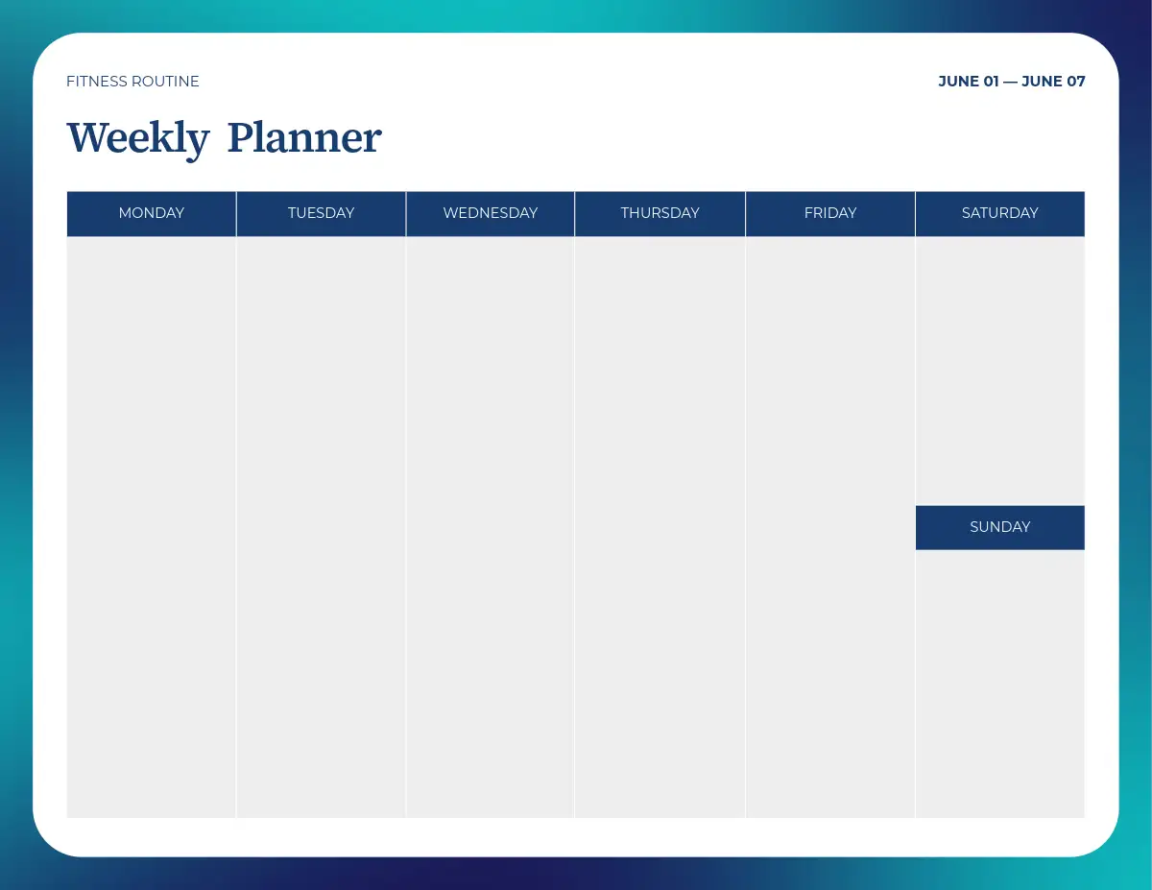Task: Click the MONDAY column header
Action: tap(151, 214)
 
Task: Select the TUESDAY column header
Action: tap(321, 214)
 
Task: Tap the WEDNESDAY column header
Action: tap(491, 214)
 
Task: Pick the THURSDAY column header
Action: tap(660, 214)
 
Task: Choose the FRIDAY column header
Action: tap(830, 214)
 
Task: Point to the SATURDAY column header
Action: tap(1000, 214)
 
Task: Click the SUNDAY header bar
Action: tap(1000, 527)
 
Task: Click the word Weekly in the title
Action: tap(138, 138)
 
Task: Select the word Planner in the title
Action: tap(304, 137)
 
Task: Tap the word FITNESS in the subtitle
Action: tap(97, 81)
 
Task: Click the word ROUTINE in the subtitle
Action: tap(165, 81)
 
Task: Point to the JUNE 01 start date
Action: tap(969, 81)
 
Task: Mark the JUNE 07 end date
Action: tap(1053, 81)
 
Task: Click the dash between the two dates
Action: tap(1011, 82)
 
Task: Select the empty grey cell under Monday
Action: tap(151, 527)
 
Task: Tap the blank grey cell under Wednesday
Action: tap(491, 527)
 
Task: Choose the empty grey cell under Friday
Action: tap(830, 527)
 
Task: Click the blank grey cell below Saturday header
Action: tap(1000, 371)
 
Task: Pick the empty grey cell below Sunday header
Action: tap(1000, 684)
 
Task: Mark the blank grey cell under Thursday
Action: tap(660, 527)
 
